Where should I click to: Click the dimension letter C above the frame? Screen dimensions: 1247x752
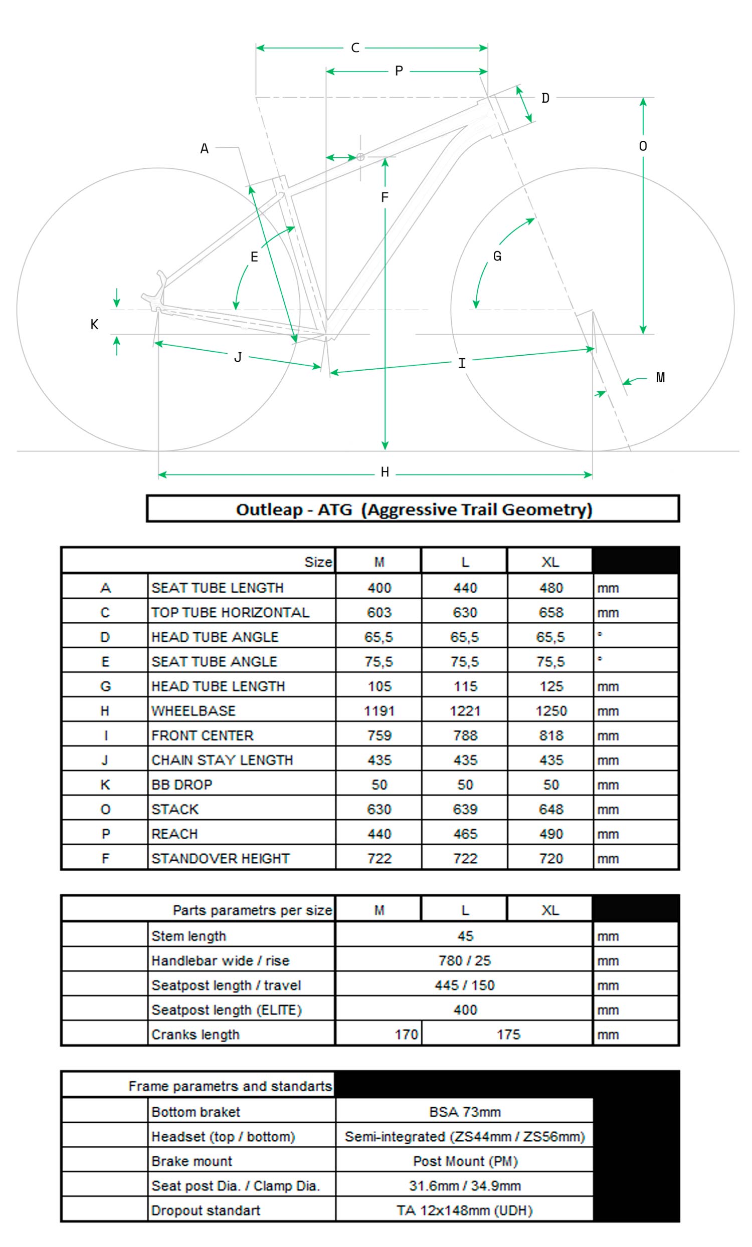click(355, 48)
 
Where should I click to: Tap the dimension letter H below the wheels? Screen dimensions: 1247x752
click(385, 472)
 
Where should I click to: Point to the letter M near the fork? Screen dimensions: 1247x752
click(660, 378)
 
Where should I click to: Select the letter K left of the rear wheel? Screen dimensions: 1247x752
click(94, 325)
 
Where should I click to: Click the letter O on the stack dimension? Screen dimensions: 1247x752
click(643, 146)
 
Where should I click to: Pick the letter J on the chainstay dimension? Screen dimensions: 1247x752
click(238, 358)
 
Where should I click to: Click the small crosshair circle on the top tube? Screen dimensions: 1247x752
click(360, 157)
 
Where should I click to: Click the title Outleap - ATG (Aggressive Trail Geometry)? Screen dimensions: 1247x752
click(413, 509)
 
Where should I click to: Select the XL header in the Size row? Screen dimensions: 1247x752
click(550, 562)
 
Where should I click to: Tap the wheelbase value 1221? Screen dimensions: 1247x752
click(465, 711)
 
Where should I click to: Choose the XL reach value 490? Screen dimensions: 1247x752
click(550, 834)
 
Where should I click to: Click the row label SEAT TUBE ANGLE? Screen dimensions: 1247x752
click(214, 661)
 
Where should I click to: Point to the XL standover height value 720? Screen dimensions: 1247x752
click(550, 859)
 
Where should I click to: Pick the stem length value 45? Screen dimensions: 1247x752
click(465, 936)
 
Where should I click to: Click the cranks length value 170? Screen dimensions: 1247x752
click(406, 1035)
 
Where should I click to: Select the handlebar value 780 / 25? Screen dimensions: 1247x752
click(464, 960)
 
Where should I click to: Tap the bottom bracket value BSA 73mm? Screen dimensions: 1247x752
click(464, 1112)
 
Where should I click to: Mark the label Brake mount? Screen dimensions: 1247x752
click(192, 1161)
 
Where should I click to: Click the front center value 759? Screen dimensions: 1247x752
click(380, 735)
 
